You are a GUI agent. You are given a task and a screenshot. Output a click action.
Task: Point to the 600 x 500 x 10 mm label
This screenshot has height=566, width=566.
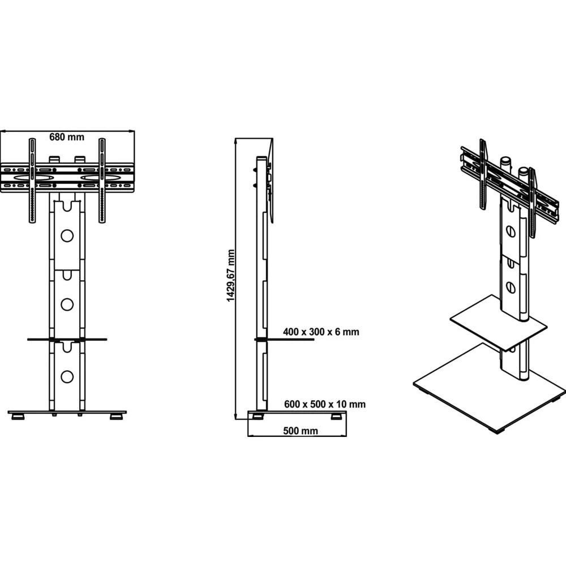coord(324,404)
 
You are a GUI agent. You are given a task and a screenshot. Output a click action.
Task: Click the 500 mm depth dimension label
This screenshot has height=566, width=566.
coord(300,430)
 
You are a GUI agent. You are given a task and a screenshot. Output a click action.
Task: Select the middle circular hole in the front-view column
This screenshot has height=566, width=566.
coord(67,304)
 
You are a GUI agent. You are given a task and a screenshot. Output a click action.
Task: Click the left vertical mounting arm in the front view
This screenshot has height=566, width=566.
coord(32,181)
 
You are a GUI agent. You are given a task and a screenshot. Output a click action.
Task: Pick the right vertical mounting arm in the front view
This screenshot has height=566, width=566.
coord(102,181)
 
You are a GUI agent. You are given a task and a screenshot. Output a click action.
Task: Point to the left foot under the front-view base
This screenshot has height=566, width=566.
coord(18,418)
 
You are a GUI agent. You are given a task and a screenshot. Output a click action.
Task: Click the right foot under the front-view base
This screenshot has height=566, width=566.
coord(117,418)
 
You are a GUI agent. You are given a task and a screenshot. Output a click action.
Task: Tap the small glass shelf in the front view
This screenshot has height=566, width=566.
coord(67,340)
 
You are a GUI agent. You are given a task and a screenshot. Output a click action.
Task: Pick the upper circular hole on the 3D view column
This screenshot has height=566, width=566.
coord(512,231)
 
